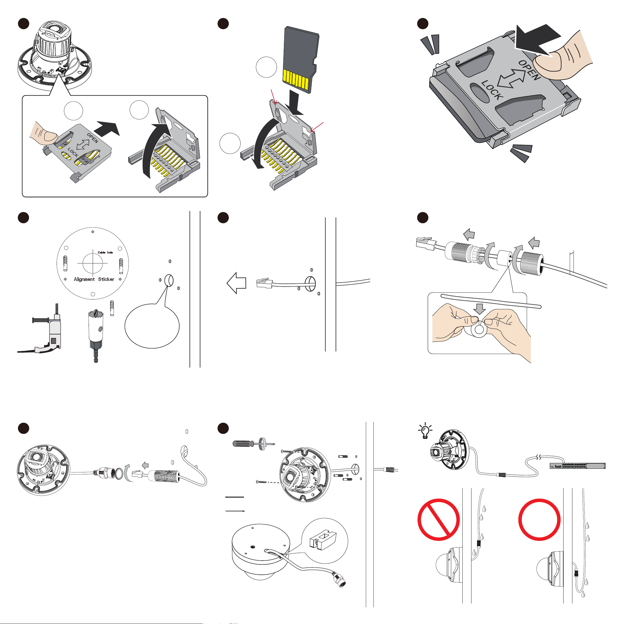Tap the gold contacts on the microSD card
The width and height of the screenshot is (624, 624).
tap(295, 79)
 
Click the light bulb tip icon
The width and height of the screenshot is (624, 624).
tap(425, 431)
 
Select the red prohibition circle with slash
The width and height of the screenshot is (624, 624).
tap(438, 520)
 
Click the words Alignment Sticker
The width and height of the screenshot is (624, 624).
tap(94, 279)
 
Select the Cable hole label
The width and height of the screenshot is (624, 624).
tap(105, 252)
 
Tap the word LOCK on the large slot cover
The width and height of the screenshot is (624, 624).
tap(492, 90)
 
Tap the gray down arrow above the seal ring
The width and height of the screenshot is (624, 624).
tap(480, 309)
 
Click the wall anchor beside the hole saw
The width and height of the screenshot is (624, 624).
tap(112, 308)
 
